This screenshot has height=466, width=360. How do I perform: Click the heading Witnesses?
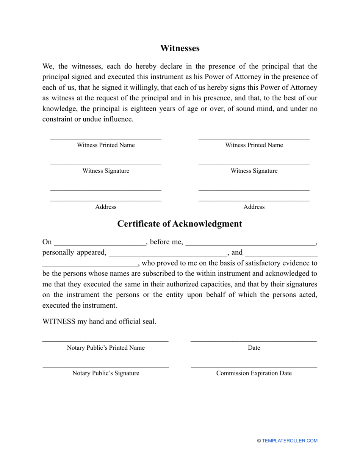[x=180, y=48]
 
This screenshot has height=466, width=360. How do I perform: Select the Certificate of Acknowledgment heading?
[x=180, y=224]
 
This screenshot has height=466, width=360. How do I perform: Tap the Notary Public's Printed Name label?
[x=106, y=348]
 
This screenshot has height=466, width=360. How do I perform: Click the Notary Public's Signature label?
[x=106, y=373]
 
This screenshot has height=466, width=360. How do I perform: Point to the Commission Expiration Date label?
[x=254, y=373]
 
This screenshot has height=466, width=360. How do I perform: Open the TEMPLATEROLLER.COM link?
[x=290, y=441]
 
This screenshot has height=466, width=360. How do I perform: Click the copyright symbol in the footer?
[x=259, y=441]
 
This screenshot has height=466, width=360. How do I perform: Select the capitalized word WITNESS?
[x=59, y=322]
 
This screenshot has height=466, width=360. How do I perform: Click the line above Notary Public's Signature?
[x=106, y=367]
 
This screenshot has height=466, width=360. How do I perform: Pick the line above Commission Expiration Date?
[x=254, y=367]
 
